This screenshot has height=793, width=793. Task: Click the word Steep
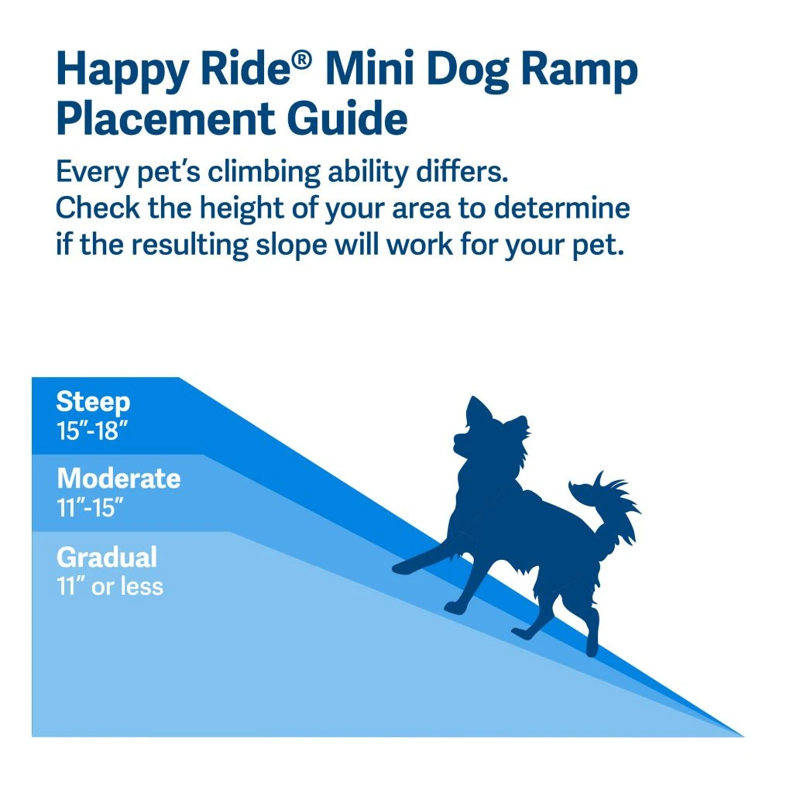pyautogui.click(x=93, y=403)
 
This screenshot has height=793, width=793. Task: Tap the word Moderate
pyautogui.click(x=118, y=479)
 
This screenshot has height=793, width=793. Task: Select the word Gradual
pyautogui.click(x=107, y=558)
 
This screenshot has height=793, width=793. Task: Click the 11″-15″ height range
pyautogui.click(x=91, y=508)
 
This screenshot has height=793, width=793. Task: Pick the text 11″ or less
pyautogui.click(x=110, y=586)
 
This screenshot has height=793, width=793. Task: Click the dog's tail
pyautogui.click(x=612, y=503)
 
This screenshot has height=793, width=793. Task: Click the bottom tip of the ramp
pyautogui.click(x=740, y=734)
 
